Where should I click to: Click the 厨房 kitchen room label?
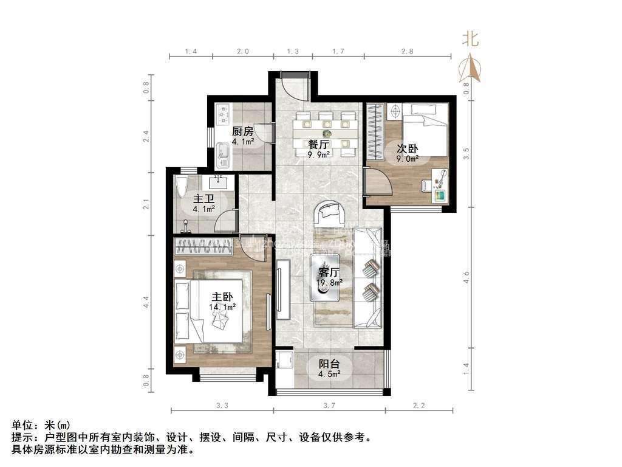click(x=242, y=131)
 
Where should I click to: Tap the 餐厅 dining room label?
click(x=318, y=145)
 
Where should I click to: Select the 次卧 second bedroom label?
click(x=407, y=149)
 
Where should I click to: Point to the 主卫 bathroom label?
click(x=203, y=199)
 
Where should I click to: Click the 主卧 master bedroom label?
click(x=222, y=297)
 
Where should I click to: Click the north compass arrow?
click(x=470, y=67)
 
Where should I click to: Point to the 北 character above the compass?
click(x=470, y=40)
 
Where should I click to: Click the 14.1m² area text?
click(x=222, y=308)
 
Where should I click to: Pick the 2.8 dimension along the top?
click(x=407, y=52)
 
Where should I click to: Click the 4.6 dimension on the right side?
click(x=466, y=277)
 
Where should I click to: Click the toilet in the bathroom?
click(x=180, y=186)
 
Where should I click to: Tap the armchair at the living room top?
click(x=330, y=214)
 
